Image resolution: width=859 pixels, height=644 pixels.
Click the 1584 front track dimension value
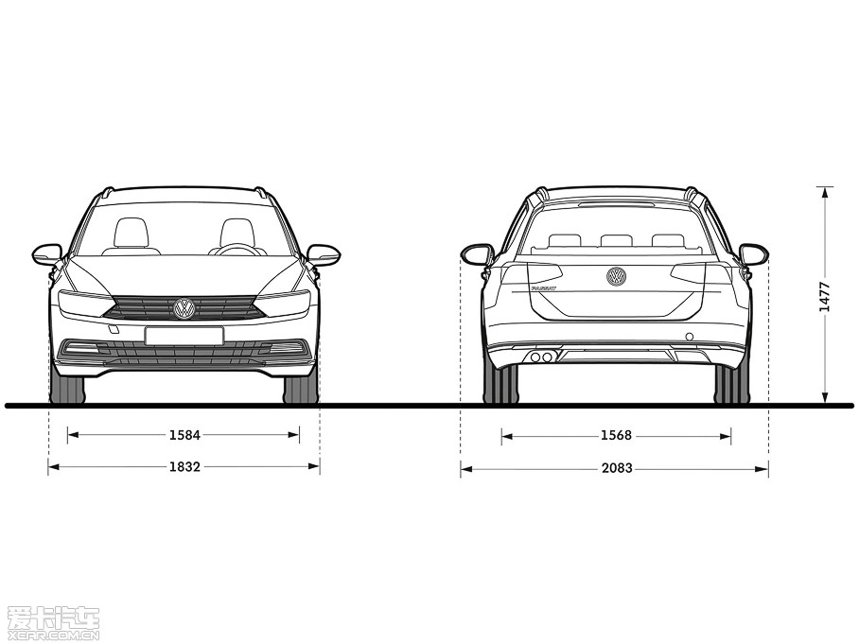pyautogui.click(x=184, y=436)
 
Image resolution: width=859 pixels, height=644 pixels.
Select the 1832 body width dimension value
pyautogui.click(x=184, y=467)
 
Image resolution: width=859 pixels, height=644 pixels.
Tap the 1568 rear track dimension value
pyautogui.click(x=616, y=436)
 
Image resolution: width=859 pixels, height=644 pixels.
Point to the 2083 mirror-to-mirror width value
pyautogui.click(x=616, y=468)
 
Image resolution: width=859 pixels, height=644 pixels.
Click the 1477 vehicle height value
pyautogui.click(x=825, y=296)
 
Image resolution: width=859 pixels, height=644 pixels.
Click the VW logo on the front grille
pyautogui.click(x=184, y=308)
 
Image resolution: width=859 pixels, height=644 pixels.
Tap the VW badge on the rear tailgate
pyautogui.click(x=616, y=276)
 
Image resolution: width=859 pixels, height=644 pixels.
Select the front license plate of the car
pyautogui.click(x=184, y=336)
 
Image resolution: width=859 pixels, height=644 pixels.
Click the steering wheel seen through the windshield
pyautogui.click(x=237, y=250)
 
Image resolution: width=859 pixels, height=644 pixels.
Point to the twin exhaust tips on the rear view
pyautogui.click(x=541, y=357)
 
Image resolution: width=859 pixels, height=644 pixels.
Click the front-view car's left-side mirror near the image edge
pyautogui.click(x=46, y=253)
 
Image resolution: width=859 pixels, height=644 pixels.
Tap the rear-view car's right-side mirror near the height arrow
pyautogui.click(x=753, y=254)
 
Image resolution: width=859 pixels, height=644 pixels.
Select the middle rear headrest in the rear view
pyautogui.click(x=616, y=240)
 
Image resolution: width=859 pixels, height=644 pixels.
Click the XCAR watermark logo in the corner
pyautogui.click(x=53, y=622)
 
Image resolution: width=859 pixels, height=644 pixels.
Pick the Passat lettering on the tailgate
pyautogui.click(x=543, y=287)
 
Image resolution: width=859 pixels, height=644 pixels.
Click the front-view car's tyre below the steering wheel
pyautogui.click(x=300, y=389)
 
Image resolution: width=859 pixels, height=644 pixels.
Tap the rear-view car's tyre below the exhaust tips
pyautogui.click(x=500, y=384)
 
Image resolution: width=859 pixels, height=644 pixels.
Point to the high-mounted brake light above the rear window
pyautogui.click(x=616, y=203)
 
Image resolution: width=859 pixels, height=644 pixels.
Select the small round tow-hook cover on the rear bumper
pyautogui.click(x=689, y=337)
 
